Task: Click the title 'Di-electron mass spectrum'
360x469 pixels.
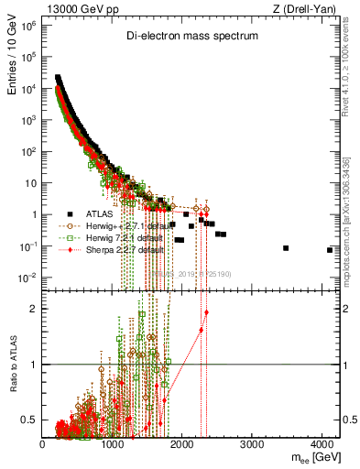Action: point(191,37)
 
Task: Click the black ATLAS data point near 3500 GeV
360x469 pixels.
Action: point(287,248)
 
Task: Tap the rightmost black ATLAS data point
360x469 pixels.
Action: point(330,250)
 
